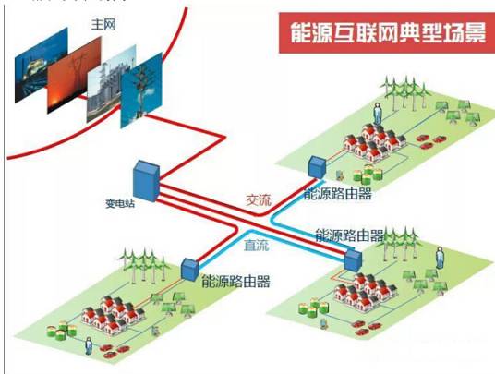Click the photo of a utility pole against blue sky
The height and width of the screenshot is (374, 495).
click(x=141, y=92)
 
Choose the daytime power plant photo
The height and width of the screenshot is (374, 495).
click(x=109, y=88)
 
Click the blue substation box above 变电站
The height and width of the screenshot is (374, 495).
click(x=146, y=178)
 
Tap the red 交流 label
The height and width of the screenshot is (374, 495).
click(x=259, y=199)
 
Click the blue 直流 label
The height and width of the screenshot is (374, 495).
click(x=258, y=248)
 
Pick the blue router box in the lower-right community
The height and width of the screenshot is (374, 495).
click(x=353, y=259)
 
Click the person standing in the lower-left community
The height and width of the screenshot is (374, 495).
click(x=89, y=346)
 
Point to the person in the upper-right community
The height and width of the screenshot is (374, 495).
click(x=377, y=116)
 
